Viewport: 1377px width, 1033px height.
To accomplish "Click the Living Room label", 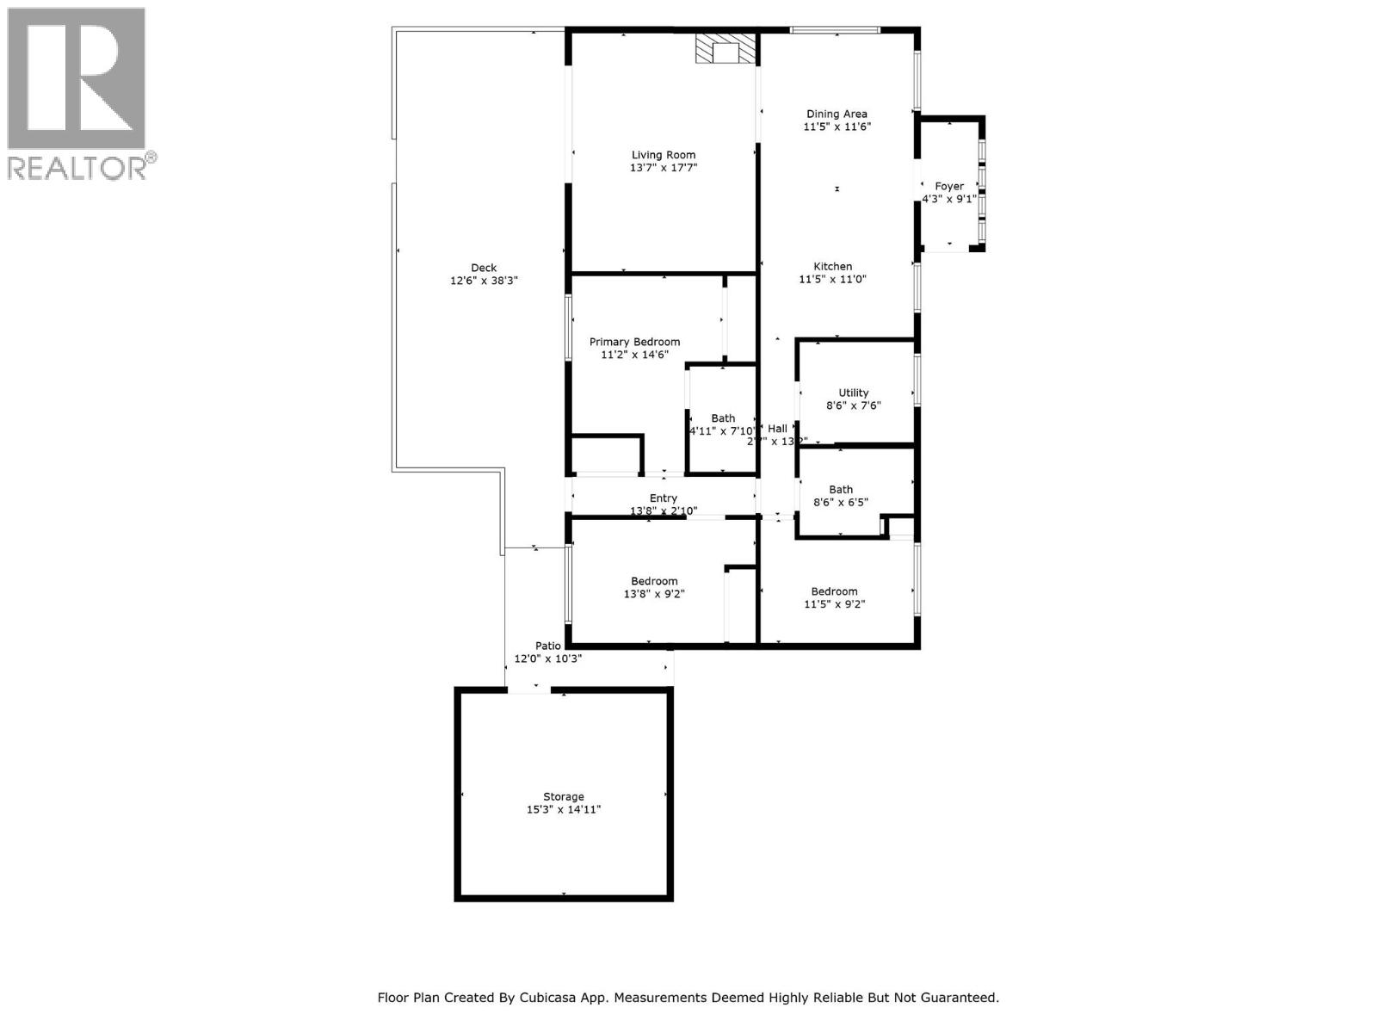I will pos(663,155).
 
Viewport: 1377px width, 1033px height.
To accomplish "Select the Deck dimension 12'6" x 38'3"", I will pos(484,281).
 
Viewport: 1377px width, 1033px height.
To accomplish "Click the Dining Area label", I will pos(837,114).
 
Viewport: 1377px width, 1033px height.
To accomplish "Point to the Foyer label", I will pos(949,186).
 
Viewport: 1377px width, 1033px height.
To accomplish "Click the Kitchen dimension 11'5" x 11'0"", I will pos(832,279).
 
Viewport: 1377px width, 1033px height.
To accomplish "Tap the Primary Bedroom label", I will pos(634,342).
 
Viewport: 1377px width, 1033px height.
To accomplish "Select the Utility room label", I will pos(853,393).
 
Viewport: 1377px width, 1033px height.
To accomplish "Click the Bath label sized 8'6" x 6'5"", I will pos(841,489).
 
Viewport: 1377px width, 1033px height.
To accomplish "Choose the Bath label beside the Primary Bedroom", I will pos(723,418).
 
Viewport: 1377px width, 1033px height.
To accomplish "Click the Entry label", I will pos(663,498).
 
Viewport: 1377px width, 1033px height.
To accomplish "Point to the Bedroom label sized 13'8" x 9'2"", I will pos(654,581).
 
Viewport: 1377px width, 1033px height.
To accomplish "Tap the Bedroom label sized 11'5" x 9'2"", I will pos(834,591).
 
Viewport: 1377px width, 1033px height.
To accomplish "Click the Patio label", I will pos(548,646).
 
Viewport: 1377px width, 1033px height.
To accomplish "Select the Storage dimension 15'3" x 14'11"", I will pos(563,809).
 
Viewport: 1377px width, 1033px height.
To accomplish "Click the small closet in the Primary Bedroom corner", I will pos(607,455).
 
